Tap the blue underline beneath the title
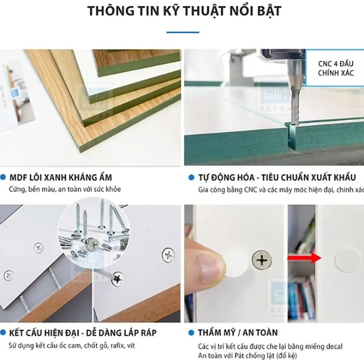tap(182, 32)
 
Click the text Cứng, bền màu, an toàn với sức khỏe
tap(65, 189)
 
